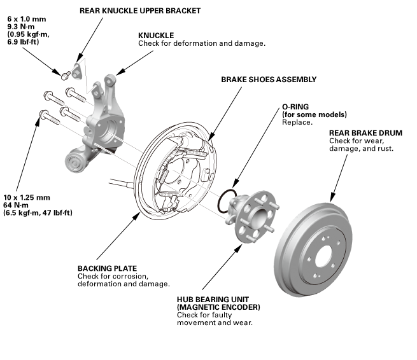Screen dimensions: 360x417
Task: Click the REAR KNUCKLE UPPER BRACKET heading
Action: [140, 11]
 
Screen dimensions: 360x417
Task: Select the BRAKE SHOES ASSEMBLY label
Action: [269, 80]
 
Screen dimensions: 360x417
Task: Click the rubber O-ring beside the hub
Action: [225, 203]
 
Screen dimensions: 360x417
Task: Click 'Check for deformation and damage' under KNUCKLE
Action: [201, 43]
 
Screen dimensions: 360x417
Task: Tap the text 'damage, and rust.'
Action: [361, 149]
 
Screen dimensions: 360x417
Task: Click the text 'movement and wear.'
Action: [215, 322]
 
